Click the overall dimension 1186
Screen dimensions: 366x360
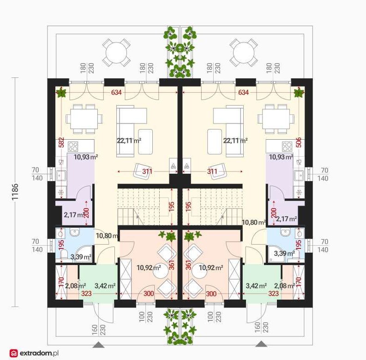[x=15, y=192]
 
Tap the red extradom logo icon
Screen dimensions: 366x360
[x=13, y=353]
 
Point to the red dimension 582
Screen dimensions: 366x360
[x=61, y=142]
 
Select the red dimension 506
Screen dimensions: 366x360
[x=299, y=142]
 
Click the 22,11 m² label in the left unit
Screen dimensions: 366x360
[x=129, y=141]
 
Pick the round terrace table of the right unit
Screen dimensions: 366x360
[x=243, y=53]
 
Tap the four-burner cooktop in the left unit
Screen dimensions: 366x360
[x=73, y=147]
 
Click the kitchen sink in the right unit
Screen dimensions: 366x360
[x=299, y=175]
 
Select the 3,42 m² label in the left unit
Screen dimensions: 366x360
[x=105, y=285]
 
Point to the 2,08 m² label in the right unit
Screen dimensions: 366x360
[x=284, y=285]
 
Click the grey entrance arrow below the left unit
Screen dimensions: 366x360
[x=98, y=344]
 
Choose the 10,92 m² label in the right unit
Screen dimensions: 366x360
[x=211, y=267]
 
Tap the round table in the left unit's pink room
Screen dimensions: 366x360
[x=161, y=271]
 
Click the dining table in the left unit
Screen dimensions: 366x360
[x=84, y=118]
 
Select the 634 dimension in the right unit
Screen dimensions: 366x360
[x=243, y=93]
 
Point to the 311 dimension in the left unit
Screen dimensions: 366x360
[x=147, y=171]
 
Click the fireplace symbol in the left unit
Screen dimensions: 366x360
[x=174, y=165]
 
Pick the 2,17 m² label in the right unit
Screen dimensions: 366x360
[x=287, y=219]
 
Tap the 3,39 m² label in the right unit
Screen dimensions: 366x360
[x=284, y=253]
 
